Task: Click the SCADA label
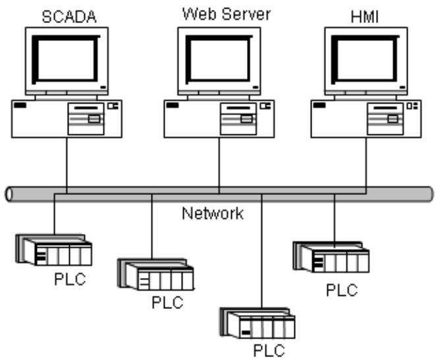point(69,16)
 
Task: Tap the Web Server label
point(227,14)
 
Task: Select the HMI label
point(364,17)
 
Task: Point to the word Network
point(213,213)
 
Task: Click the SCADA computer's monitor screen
point(66,60)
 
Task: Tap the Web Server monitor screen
point(219,60)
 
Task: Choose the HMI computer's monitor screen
point(366,60)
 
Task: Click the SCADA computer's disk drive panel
point(86,119)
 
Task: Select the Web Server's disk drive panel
point(238,119)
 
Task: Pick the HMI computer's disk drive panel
point(385,119)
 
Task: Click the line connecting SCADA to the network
point(67,165)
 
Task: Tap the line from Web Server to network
point(219,165)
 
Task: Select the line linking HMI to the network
point(366,165)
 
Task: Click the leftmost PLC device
point(54,250)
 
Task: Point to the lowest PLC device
point(258,323)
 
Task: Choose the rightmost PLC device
point(331,257)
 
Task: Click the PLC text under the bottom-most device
point(269,350)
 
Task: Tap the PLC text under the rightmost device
point(342,290)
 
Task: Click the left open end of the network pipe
point(9,194)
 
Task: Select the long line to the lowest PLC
point(261,251)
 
